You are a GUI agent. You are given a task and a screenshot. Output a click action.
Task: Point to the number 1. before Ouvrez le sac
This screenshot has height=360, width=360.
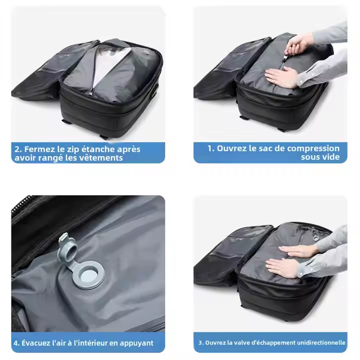(210, 148)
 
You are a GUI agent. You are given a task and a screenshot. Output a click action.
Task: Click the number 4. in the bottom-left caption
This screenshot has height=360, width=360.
(16, 343)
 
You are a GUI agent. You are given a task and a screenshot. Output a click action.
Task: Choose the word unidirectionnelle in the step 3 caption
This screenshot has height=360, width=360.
(319, 343)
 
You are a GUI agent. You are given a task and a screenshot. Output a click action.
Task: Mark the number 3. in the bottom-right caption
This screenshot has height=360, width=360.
(200, 343)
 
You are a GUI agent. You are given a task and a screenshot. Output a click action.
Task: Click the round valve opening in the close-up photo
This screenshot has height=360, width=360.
(88, 275)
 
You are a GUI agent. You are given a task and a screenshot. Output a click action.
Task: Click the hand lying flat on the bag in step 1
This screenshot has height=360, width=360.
(281, 77)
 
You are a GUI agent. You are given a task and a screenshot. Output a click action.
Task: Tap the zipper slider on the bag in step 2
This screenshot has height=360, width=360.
(91, 92)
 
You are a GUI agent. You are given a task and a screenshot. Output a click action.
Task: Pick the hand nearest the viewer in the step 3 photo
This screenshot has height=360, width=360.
(282, 267)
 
